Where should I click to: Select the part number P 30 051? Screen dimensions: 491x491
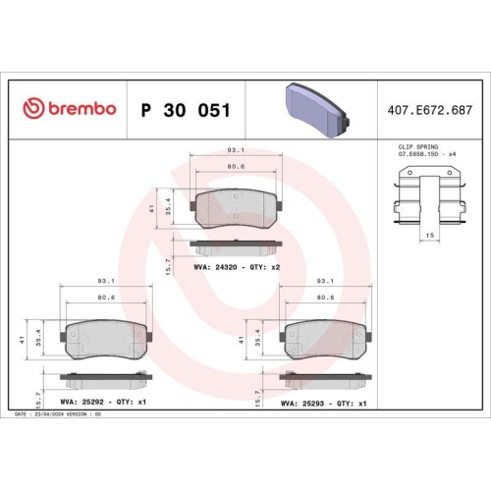coord(186,109)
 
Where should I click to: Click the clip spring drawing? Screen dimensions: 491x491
coord(429,196)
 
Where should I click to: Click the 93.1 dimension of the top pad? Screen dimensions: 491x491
coord(236,150)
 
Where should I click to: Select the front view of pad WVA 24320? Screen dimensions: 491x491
coord(236,207)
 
